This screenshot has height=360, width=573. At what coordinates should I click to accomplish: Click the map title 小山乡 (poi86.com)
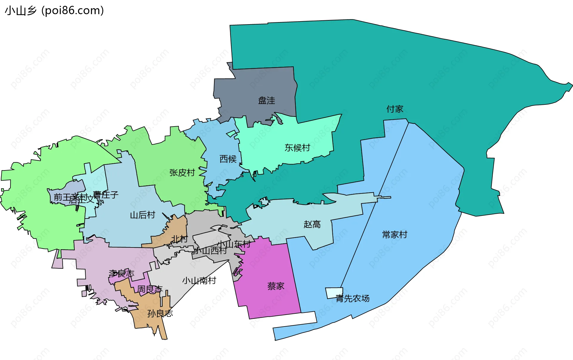tap(54, 10)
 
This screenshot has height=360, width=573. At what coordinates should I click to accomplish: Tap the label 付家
tap(395, 109)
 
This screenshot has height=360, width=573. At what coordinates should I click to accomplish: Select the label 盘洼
tap(267, 101)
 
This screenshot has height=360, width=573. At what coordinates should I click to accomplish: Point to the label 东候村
tap(297, 148)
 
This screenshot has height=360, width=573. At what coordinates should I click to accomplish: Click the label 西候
tap(228, 159)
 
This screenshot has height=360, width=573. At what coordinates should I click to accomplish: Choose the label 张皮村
tap(182, 173)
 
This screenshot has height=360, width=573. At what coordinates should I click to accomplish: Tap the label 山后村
tap(143, 215)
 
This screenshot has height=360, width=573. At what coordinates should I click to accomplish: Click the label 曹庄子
tap(106, 195)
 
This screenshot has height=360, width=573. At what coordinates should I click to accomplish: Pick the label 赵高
tap(312, 224)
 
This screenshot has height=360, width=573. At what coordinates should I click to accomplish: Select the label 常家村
tap(395, 235)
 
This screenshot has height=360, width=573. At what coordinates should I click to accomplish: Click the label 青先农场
tap(352, 299)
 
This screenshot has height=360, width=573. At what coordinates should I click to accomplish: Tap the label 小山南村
tap(199, 281)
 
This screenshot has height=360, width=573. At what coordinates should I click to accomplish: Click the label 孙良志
tap(160, 313)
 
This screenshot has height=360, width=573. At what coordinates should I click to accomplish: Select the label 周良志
tap(150, 289)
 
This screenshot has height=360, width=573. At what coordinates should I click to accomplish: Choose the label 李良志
tap(121, 273)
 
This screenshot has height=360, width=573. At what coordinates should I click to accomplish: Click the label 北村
tap(179, 239)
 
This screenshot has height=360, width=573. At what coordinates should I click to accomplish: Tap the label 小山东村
tap(234, 244)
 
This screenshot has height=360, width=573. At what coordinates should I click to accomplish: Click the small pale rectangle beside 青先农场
tap(334, 293)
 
